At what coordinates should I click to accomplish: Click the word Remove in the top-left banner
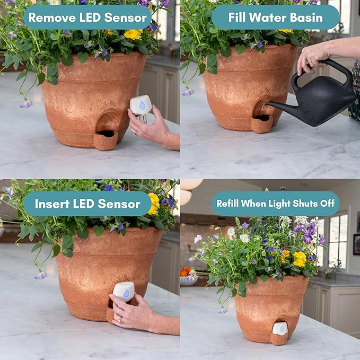coord(50,17)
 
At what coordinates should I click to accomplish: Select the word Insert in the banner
coord(55,204)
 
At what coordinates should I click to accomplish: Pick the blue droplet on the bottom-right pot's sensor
coord(280,329)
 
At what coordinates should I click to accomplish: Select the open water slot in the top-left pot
coord(107,134)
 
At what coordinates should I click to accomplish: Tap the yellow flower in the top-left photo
coord(133,34)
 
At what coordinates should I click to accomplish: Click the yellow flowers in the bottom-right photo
coord(300,259)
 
